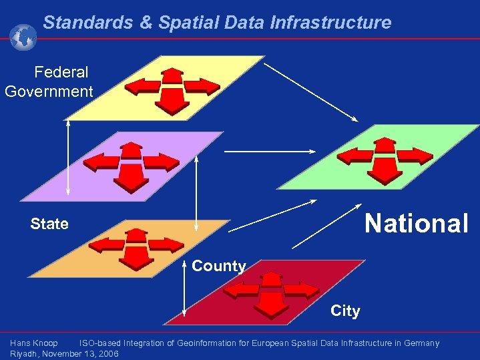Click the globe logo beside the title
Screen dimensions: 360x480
[23, 37]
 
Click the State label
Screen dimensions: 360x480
[49, 224]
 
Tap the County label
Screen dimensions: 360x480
[218, 266]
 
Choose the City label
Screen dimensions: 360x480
[345, 311]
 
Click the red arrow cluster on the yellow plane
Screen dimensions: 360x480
[173, 89]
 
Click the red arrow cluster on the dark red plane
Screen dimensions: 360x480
[271, 292]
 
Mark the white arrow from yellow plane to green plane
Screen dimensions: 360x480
[312, 93]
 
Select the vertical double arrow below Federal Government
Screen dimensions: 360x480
[67, 158]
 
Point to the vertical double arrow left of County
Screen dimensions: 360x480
[184, 293]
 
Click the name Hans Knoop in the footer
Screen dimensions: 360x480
[34, 343]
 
